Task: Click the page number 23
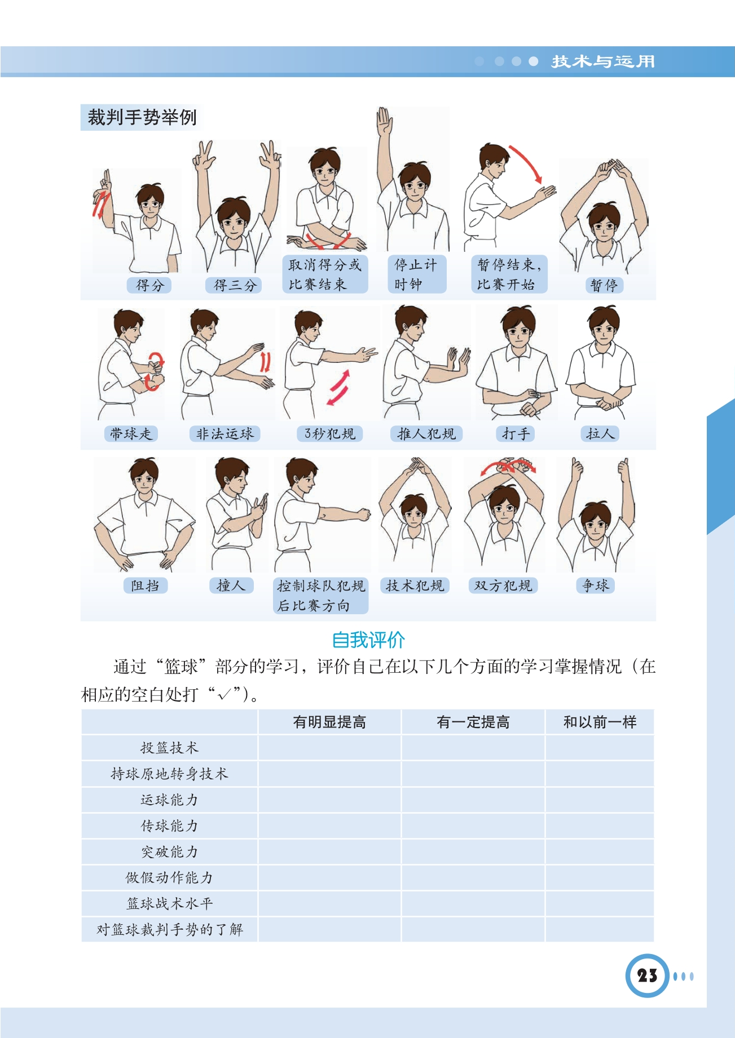647,975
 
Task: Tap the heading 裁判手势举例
142,117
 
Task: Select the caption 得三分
235,285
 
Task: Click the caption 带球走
130,433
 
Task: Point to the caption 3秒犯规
329,433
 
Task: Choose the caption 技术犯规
415,585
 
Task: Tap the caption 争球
596,585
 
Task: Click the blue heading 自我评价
368,640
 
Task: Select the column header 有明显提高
329,722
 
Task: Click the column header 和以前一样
600,722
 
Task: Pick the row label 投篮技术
169,748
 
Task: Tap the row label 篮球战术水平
169,903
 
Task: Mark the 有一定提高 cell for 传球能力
473,826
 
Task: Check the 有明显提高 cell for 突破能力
329,851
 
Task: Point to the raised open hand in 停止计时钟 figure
384,121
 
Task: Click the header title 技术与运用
603,61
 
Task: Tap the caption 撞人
231,585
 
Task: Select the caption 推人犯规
426,433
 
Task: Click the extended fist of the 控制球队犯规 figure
362,514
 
